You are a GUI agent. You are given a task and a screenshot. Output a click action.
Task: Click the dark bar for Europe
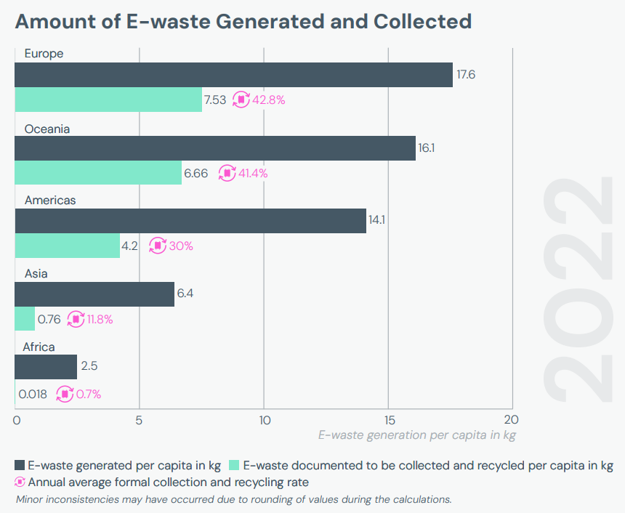click(x=233, y=75)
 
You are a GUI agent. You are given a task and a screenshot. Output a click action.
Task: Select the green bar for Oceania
click(x=98, y=173)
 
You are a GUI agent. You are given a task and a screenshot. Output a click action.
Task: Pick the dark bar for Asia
click(x=94, y=294)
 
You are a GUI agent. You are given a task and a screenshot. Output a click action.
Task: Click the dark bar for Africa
click(x=46, y=367)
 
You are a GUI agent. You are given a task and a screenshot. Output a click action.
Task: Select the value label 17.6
click(x=466, y=75)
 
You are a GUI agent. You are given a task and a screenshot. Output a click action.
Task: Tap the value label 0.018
click(x=33, y=395)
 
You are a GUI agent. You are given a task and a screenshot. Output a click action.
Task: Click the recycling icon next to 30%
click(x=158, y=246)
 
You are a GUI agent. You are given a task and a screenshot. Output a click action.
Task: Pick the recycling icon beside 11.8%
click(x=76, y=319)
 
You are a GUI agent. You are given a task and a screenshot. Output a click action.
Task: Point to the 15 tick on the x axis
click(x=388, y=419)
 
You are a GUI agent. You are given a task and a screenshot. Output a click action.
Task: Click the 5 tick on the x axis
click(x=140, y=419)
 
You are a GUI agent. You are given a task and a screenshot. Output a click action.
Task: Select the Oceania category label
click(x=47, y=129)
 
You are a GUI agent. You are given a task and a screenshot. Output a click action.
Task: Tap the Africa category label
click(x=39, y=347)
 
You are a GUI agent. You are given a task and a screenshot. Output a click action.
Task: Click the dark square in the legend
click(x=20, y=465)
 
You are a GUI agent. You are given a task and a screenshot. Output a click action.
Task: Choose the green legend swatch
click(x=234, y=465)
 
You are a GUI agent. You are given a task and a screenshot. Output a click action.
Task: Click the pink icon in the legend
click(x=20, y=482)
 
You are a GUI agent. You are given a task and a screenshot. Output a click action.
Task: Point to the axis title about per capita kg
click(x=416, y=435)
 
